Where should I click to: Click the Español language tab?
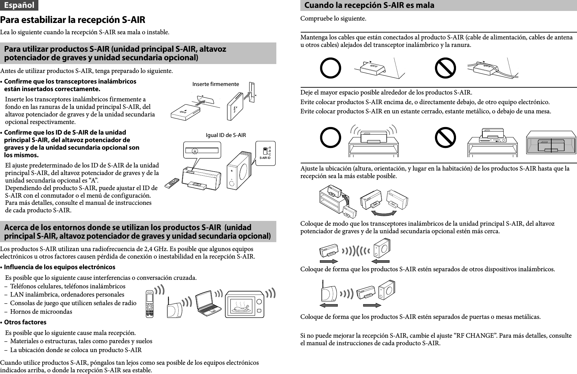[19, 5]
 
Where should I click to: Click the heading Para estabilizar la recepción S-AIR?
[73, 20]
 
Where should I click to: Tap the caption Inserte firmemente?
[216, 84]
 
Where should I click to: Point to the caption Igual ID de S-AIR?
[226, 135]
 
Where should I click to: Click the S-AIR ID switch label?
[265, 158]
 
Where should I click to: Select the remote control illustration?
[172, 183]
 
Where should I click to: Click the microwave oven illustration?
[245, 304]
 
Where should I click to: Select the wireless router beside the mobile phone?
[174, 309]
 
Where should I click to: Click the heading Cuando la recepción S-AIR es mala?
[369, 5]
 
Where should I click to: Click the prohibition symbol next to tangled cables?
[445, 68]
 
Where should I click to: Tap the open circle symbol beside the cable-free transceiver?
[330, 68]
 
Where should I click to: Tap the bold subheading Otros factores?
[25, 322]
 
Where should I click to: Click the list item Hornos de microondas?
[41, 312]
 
